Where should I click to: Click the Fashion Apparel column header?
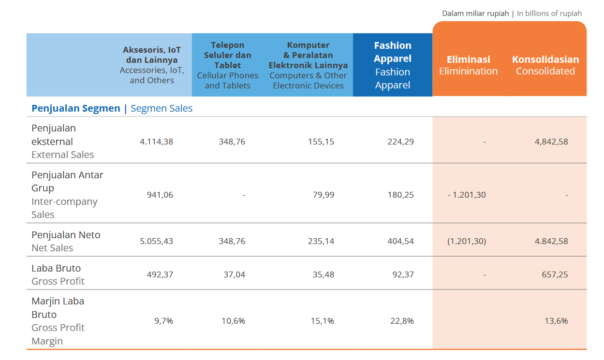[393, 65]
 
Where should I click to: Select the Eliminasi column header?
[468, 65]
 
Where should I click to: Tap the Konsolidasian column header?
[545, 65]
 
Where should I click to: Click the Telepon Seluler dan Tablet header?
[228, 65]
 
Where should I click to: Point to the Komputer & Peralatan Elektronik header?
[308, 65]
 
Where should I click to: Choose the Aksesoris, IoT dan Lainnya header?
[152, 65]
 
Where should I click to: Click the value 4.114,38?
[156, 142]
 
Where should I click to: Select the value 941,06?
[160, 195]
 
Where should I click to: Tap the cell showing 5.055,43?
[156, 241]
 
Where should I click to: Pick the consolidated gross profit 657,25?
[555, 274]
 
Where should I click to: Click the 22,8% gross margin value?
[402, 321]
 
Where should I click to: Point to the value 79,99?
[323, 195]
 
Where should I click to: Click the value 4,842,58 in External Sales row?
[551, 142]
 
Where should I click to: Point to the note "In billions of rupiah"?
[549, 14]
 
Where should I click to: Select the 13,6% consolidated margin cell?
[556, 321]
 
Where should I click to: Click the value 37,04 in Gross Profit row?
[234, 274]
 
